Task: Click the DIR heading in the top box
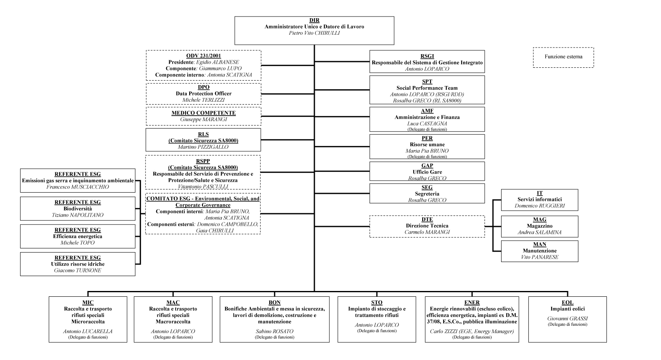[x=314, y=20]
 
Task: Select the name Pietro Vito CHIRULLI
[x=314, y=33]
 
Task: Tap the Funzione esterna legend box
[x=564, y=57]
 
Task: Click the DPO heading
[x=204, y=87]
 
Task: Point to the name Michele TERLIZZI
[x=204, y=100]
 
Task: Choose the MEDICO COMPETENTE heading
[x=204, y=113]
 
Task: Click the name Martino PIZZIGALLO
[x=203, y=147]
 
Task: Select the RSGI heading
[x=427, y=56]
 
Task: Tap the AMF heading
[x=427, y=111]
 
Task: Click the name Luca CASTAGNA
[x=427, y=124]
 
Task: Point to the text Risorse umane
[x=427, y=144]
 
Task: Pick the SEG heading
[x=427, y=187]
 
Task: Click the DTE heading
[x=427, y=219]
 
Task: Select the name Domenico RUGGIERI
[x=540, y=205]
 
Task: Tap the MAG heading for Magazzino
[x=540, y=219]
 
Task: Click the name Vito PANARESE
[x=540, y=257]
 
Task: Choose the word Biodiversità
[x=78, y=208]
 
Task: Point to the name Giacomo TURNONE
[x=78, y=270]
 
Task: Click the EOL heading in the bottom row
[x=568, y=303]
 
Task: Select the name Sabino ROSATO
[x=274, y=331]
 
